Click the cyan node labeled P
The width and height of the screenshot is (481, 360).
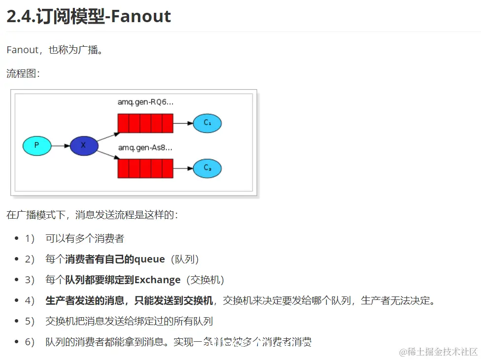[x=37, y=146]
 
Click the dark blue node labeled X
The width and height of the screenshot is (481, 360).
[x=84, y=146]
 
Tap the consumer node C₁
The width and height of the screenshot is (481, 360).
[x=207, y=123]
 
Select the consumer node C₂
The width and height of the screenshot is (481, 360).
[x=207, y=168]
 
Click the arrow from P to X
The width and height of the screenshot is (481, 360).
[x=61, y=146]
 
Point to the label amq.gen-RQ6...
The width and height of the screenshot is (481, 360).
[x=145, y=102]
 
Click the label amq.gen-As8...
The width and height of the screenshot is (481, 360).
[x=145, y=147]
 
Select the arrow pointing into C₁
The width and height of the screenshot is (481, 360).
[x=183, y=123]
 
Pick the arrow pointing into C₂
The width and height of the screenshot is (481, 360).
[x=183, y=168]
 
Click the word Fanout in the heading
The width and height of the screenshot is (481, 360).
[x=140, y=17]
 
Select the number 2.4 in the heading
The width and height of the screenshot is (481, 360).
[x=19, y=17]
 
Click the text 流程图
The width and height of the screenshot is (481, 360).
[x=21, y=74]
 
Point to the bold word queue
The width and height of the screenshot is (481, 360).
[x=149, y=259]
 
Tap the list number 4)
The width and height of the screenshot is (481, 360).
[x=30, y=300]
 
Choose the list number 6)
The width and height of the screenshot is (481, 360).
[x=30, y=342]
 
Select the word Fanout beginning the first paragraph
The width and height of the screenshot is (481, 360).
[x=22, y=50]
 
